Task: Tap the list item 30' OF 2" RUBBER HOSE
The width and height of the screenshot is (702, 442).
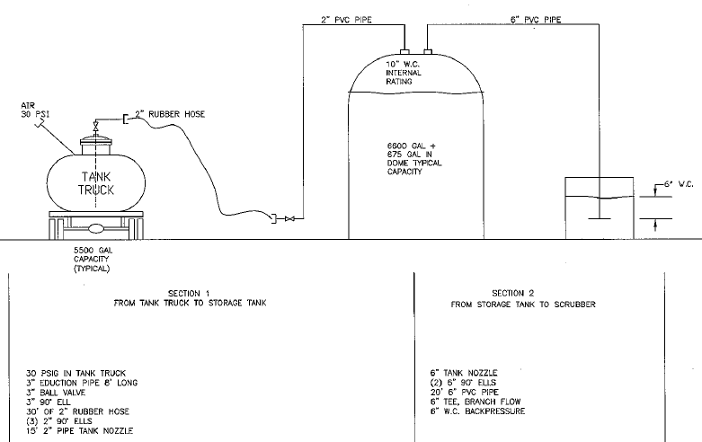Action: tap(74, 411)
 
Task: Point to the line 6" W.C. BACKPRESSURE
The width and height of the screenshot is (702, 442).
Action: tap(478, 411)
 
